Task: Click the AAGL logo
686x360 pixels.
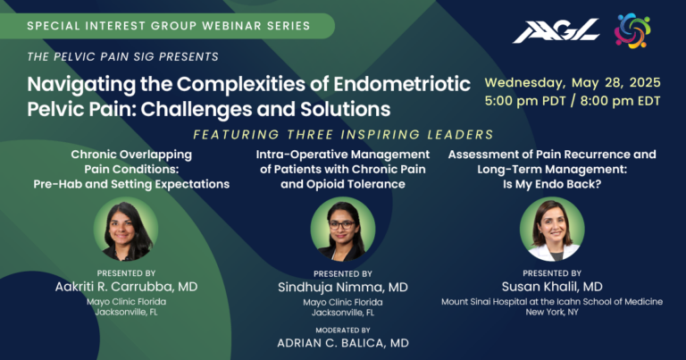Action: click(x=555, y=31)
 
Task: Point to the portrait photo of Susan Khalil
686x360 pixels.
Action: click(x=551, y=229)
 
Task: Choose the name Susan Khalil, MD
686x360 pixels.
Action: click(x=552, y=287)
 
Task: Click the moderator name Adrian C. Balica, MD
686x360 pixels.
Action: click(x=343, y=343)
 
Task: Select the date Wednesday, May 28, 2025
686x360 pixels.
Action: click(x=572, y=82)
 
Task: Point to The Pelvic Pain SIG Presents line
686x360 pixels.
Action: click(x=123, y=57)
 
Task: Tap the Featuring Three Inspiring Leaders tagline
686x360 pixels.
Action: click(x=343, y=135)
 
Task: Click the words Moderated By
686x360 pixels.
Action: click(x=343, y=330)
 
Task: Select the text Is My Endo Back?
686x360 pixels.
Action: click(x=551, y=184)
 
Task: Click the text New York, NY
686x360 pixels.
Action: click(x=551, y=314)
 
